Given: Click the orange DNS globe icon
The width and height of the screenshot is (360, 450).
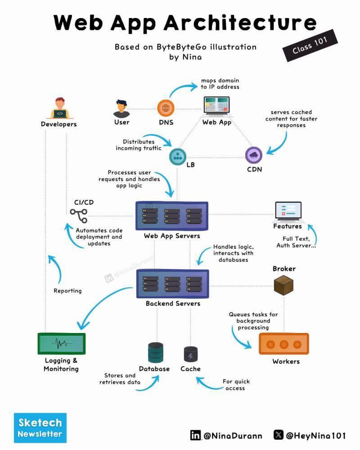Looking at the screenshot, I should click(166, 108).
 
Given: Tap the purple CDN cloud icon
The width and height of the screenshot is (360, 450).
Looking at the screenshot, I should click(254, 155).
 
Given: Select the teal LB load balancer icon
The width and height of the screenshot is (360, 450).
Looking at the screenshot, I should click(177, 157).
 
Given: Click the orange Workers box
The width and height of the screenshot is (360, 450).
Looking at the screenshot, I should click(284, 344).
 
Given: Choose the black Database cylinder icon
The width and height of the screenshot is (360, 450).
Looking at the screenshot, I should click(155, 352).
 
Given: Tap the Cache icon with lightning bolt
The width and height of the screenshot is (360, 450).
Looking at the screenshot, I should click(191, 354).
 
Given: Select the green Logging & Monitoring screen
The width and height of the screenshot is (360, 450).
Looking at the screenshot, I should click(61, 343).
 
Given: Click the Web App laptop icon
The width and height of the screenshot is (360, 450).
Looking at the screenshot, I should click(216, 107).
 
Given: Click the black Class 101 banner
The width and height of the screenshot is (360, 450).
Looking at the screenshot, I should click(310, 45).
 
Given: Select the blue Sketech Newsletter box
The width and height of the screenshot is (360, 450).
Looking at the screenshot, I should click(40, 427).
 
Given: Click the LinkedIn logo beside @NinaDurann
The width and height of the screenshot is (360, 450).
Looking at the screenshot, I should click(195, 435).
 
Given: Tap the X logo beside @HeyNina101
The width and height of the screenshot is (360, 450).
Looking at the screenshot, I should click(279, 435).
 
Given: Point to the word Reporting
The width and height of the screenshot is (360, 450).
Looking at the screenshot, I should click(67, 291).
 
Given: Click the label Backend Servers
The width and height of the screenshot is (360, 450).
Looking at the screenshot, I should click(173, 304).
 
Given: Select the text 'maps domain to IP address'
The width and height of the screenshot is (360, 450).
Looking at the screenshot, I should click(220, 83).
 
